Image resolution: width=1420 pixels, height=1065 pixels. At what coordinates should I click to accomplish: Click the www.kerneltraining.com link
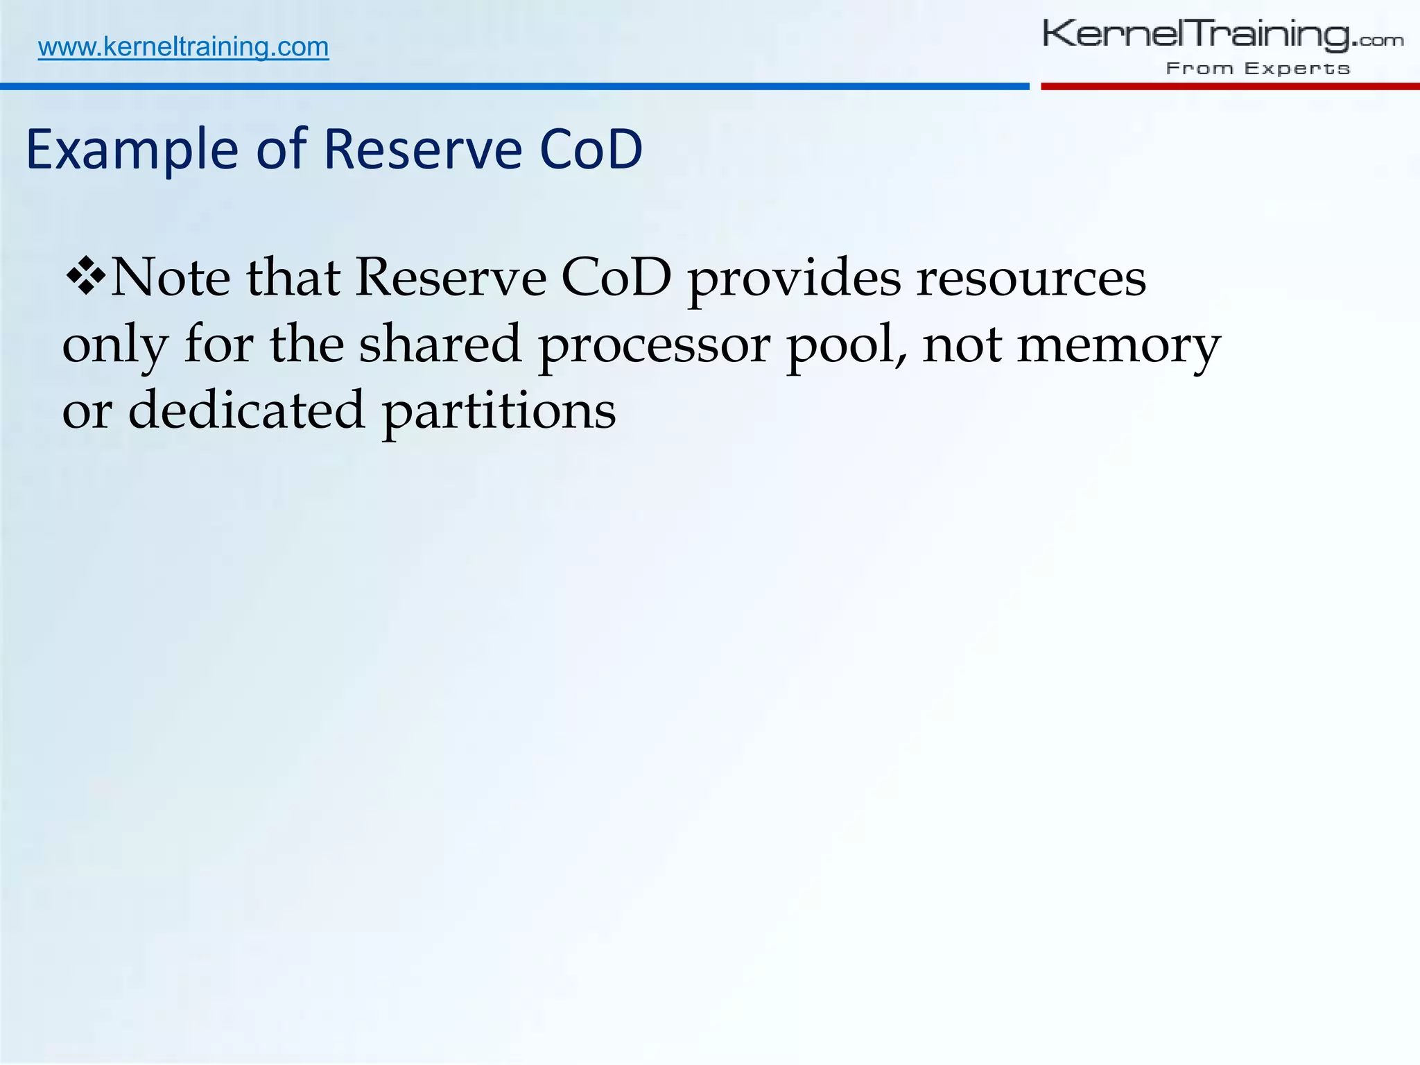(x=183, y=47)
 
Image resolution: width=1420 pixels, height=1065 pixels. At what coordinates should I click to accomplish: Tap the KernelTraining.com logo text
(x=1222, y=35)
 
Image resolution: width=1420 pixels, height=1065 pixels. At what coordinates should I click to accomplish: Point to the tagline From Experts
(x=1258, y=69)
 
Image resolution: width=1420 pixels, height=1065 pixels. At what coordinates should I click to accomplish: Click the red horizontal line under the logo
(x=1229, y=87)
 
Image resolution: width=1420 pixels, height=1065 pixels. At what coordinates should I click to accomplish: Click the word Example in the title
(x=132, y=150)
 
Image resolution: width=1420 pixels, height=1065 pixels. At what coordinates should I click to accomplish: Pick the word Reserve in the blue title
(x=422, y=150)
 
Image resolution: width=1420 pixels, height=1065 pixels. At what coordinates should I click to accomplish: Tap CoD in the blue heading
(x=591, y=150)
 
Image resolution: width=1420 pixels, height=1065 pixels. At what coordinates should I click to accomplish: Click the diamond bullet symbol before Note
(x=85, y=276)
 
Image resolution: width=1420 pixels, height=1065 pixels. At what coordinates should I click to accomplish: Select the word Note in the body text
(x=171, y=277)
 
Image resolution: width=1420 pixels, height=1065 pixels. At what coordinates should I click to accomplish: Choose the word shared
(x=440, y=344)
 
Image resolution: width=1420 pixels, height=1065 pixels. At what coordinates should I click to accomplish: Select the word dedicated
(x=246, y=410)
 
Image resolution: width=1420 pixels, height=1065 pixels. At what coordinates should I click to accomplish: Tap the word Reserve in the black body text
(x=451, y=277)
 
